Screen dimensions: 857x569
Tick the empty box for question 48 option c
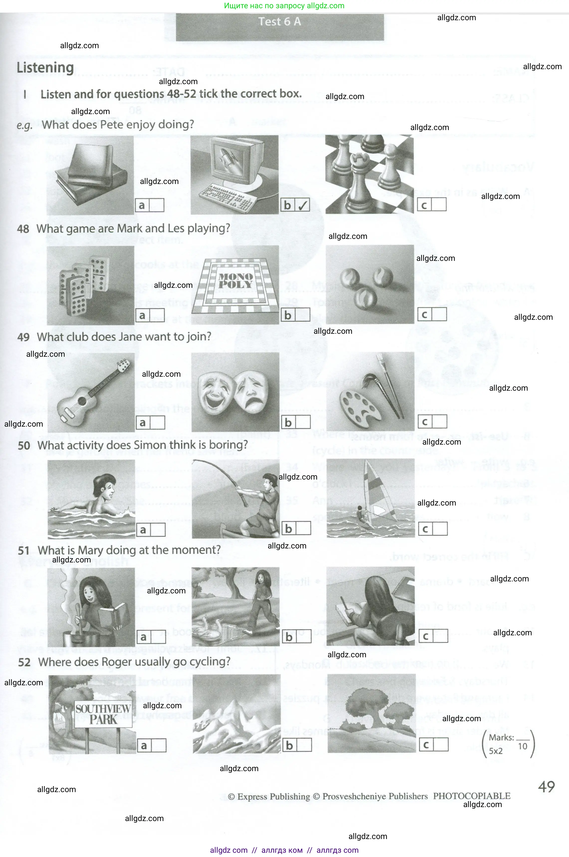click(439, 315)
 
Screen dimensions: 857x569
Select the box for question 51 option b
click(303, 637)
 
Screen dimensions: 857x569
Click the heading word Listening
click(45, 68)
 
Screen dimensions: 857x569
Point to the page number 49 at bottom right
click(546, 787)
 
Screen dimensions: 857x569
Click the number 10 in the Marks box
click(523, 746)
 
